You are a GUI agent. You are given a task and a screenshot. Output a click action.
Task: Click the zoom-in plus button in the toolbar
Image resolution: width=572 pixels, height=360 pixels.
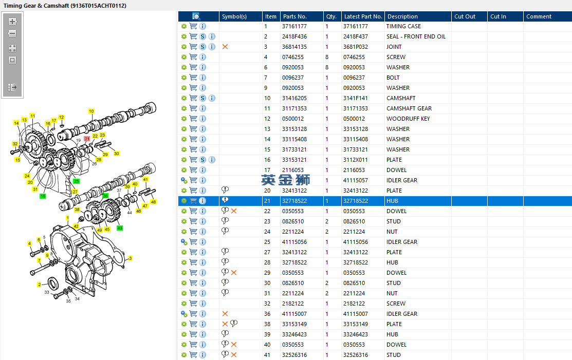point(12,22)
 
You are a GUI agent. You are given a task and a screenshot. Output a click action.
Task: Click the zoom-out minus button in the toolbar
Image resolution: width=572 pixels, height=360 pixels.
point(12,33)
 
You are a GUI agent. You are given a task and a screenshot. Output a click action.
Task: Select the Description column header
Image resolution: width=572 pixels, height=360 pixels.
point(402,16)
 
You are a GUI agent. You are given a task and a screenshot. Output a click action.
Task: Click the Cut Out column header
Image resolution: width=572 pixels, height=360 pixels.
point(465,16)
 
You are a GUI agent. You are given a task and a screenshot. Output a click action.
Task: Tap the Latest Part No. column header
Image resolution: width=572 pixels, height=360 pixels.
point(363,16)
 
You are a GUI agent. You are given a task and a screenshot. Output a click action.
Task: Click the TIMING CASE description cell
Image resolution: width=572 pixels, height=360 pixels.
point(403,26)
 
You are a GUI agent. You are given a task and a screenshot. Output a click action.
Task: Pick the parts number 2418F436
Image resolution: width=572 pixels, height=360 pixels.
point(294,36)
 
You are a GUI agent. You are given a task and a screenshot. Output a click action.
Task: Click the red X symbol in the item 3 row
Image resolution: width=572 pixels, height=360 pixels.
point(225,47)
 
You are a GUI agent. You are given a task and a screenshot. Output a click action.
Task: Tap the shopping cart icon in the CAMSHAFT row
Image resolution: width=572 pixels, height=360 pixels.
point(193,98)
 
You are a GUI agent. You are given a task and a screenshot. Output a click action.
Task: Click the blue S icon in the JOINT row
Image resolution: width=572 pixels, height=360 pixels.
point(202,47)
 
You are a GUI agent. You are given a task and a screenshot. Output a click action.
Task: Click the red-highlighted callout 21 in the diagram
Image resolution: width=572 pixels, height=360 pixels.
point(87,139)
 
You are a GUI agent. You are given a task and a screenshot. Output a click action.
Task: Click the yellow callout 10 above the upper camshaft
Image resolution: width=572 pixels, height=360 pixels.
point(91,111)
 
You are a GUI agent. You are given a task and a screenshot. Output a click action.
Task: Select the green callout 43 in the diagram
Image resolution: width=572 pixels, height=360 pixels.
point(120,228)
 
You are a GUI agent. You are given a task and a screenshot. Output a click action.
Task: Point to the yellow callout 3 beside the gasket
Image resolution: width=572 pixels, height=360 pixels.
point(130,258)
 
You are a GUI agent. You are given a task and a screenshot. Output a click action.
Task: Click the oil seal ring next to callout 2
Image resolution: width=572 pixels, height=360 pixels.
point(53,283)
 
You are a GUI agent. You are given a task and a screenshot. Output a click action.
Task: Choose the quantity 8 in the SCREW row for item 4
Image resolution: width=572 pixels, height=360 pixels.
point(327,57)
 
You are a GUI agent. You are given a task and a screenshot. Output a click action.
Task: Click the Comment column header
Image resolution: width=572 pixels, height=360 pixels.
point(539,16)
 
